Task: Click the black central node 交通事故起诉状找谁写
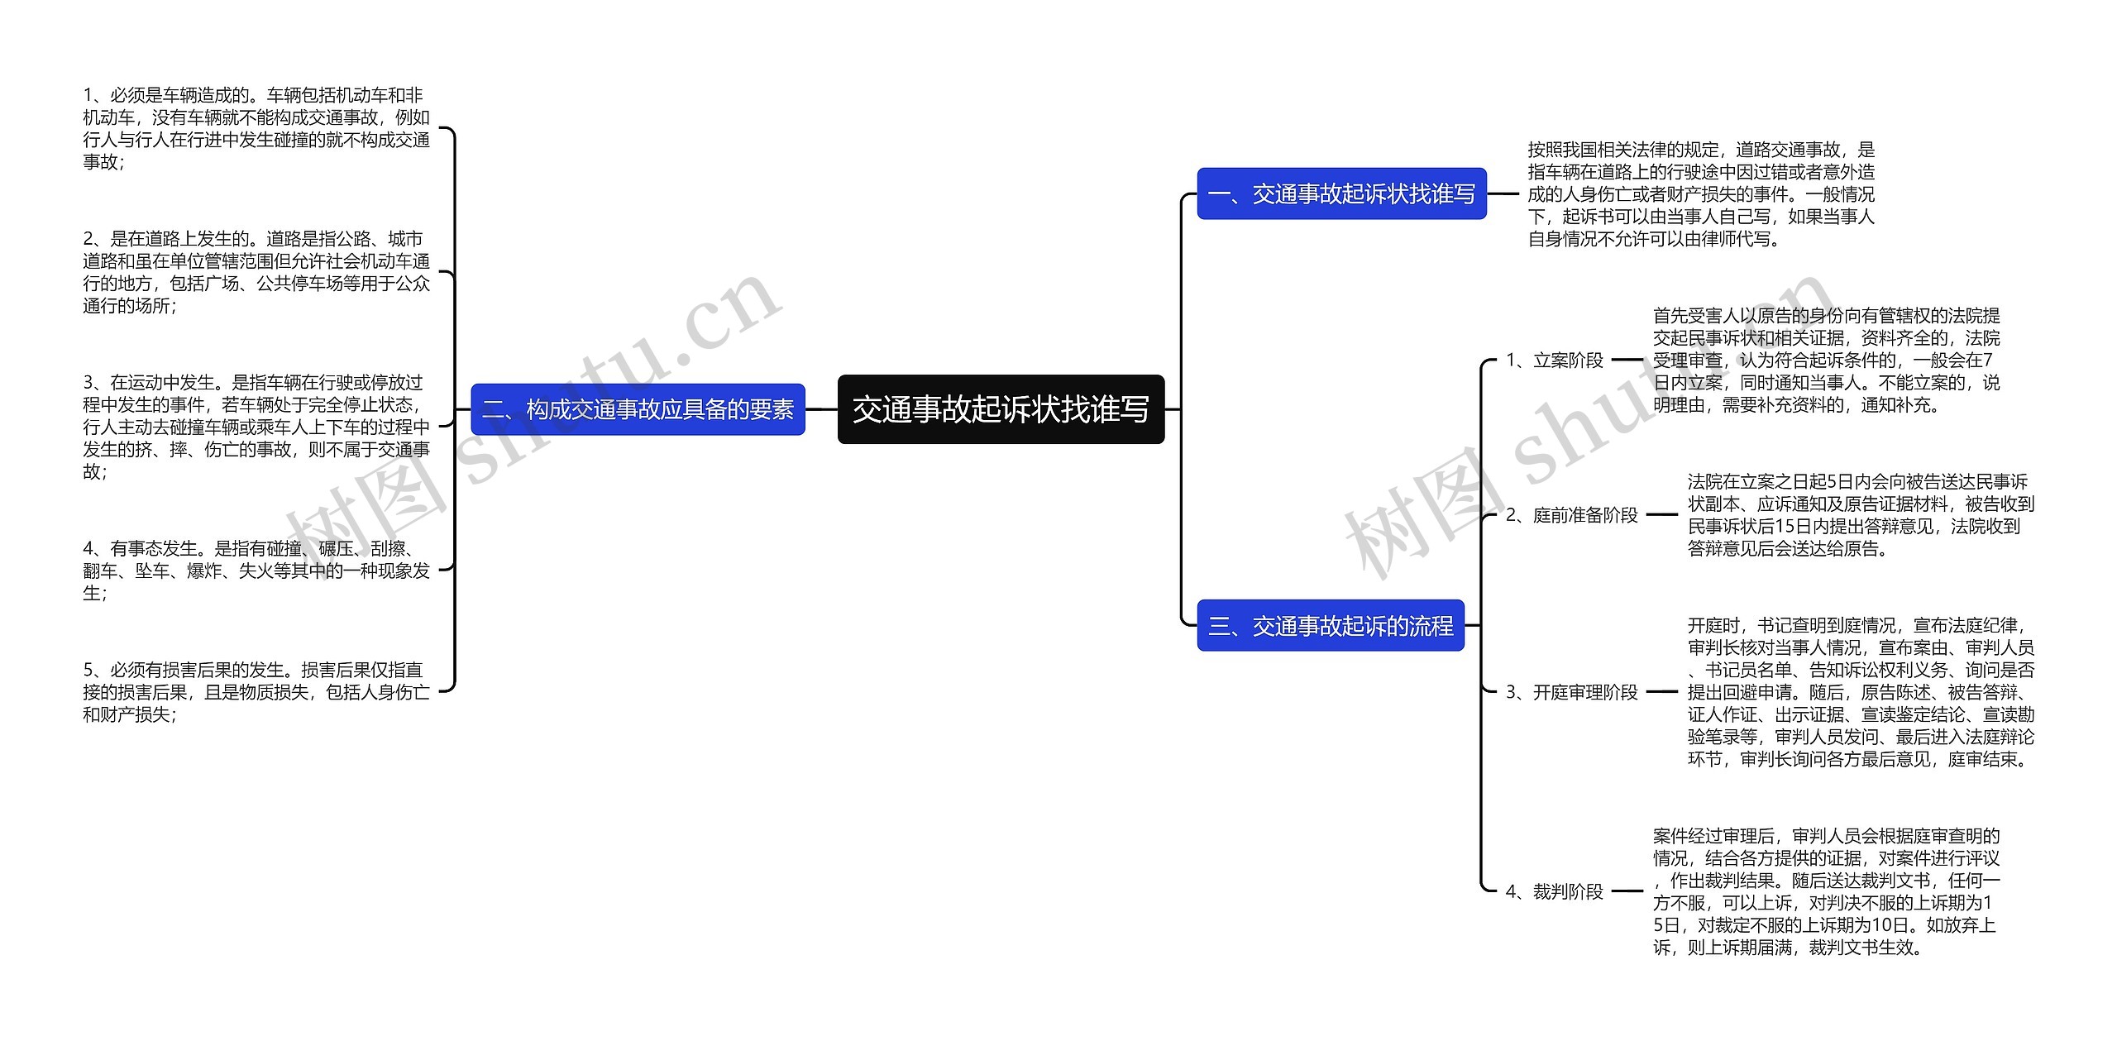point(1001,409)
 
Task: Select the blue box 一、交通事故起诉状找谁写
point(1341,194)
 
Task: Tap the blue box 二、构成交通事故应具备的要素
point(638,409)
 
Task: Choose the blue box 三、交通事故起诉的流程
point(1331,626)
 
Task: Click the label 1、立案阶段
point(1554,361)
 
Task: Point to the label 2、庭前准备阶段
point(1571,515)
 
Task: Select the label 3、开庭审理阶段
point(1571,692)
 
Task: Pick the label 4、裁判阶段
point(1554,891)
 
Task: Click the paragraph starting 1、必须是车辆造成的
point(256,129)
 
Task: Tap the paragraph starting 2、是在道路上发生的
point(256,273)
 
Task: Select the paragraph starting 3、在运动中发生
point(256,427)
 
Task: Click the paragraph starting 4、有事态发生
point(256,571)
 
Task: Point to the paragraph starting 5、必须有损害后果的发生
point(256,692)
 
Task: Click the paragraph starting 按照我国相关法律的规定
point(1701,194)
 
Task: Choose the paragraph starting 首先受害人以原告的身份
point(1826,361)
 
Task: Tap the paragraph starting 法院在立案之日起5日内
point(1861,515)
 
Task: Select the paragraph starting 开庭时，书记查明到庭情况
point(1861,692)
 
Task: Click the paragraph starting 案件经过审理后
point(1826,891)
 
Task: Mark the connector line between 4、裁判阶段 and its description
point(1627,891)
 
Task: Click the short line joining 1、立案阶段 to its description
point(1627,361)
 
